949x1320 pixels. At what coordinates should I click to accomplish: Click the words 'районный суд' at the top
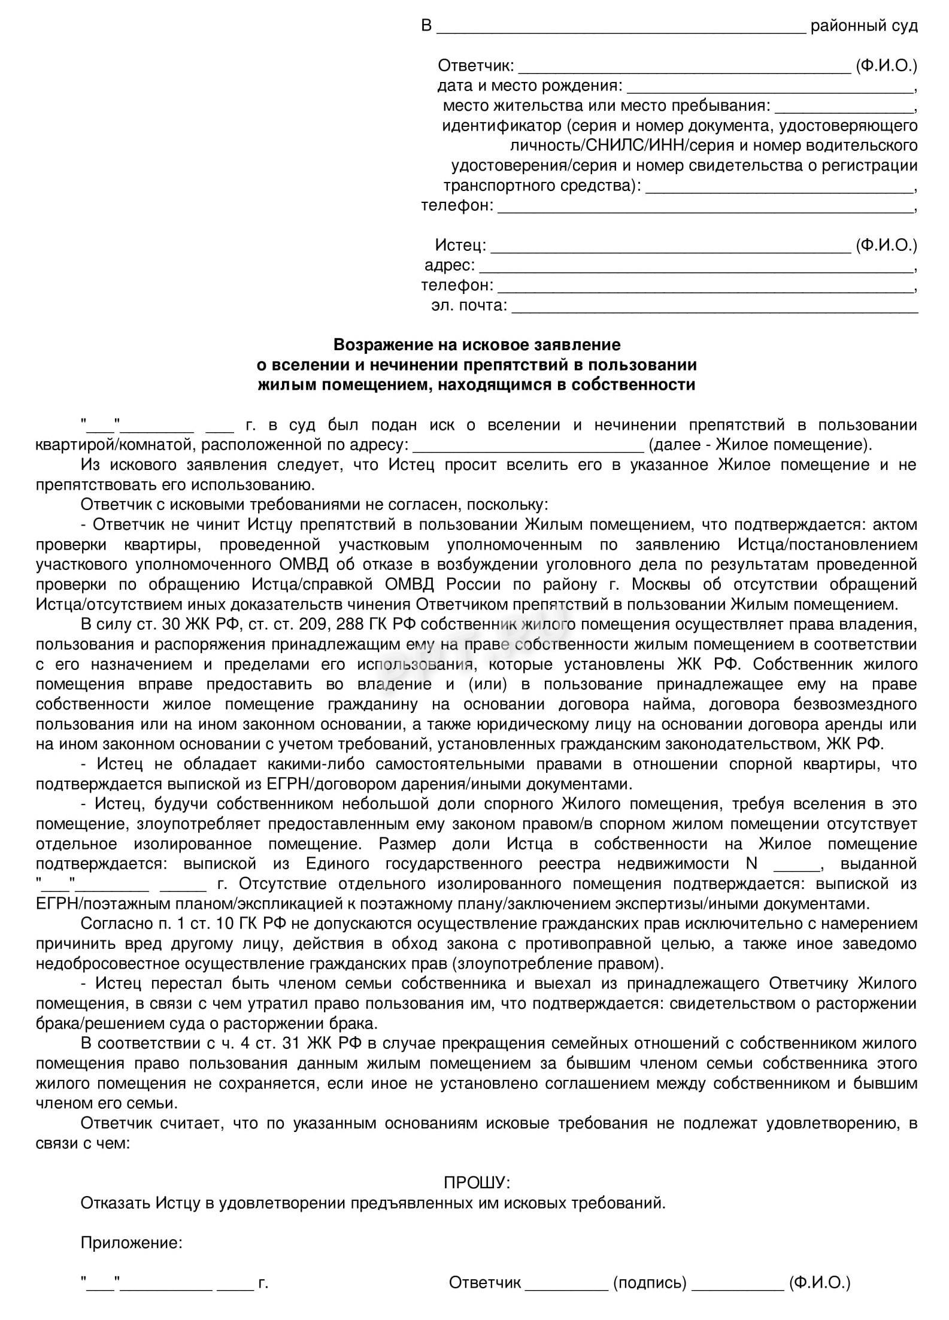863,26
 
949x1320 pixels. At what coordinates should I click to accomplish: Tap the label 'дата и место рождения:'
530,86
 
